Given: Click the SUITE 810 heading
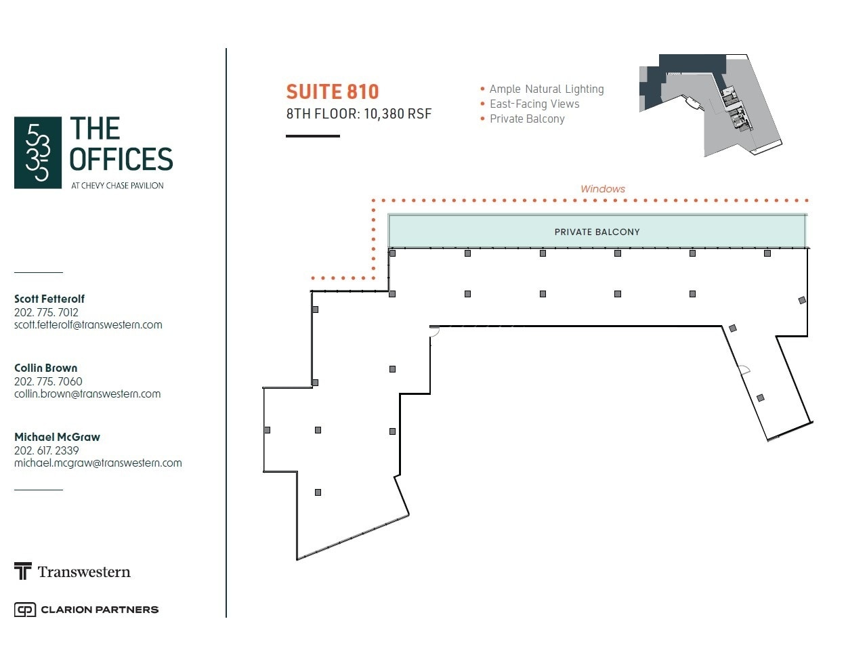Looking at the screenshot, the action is (332, 92).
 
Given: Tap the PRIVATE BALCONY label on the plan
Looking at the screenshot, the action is (597, 232).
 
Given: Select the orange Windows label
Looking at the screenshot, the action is (603, 189).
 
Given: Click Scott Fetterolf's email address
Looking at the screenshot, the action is (88, 324).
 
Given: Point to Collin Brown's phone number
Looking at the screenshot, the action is (48, 381).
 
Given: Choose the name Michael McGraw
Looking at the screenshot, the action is (57, 437).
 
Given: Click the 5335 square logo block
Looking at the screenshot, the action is (38, 152).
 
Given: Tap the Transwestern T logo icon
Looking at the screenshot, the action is (23, 571).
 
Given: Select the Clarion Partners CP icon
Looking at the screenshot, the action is (25, 610).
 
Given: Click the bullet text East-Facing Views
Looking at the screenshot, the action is (534, 104).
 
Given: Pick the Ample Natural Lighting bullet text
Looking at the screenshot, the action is (547, 89).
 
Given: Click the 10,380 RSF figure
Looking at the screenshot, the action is (398, 114).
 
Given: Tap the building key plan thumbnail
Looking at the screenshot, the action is (711, 105).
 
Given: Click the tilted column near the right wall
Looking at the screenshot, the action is (802, 300).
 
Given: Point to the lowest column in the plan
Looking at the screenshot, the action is (318, 492).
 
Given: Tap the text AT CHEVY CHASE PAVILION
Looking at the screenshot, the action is (117, 186).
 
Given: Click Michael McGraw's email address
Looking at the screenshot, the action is (98, 463).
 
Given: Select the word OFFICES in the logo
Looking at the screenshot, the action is (121, 158).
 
